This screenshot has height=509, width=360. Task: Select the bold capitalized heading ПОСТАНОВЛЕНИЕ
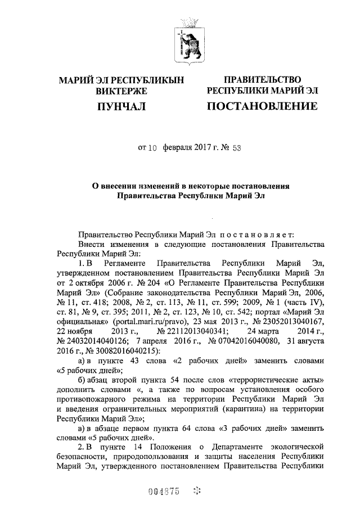(x=262, y=106)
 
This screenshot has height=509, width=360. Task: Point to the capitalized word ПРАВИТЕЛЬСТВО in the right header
(x=262, y=80)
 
